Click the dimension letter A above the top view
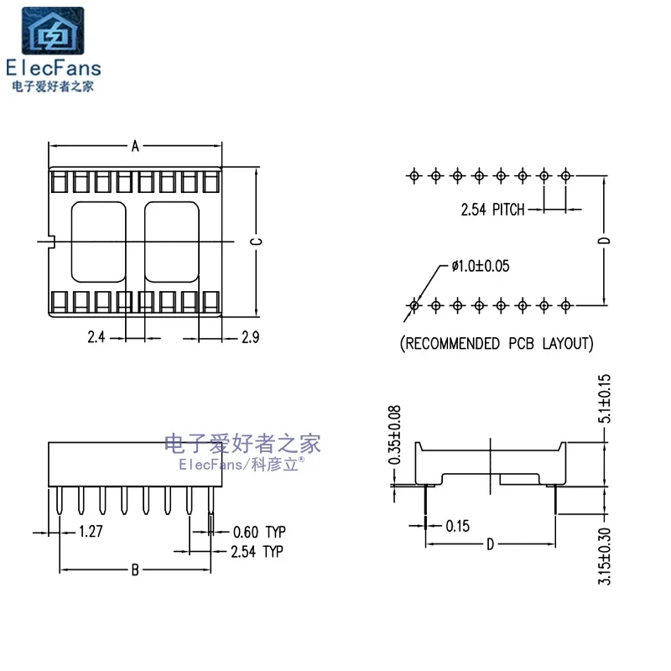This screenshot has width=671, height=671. pos(135,146)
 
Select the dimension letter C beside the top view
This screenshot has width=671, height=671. pos(257,242)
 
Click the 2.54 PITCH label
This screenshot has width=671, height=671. pos(492,210)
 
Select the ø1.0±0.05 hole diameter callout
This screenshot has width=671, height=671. pos(481,266)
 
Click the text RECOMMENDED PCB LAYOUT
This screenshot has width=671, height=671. pos(497,343)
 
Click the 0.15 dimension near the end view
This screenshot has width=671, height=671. pos(457,525)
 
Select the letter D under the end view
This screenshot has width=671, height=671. pos(491,545)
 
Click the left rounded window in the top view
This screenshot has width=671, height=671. pos(98,242)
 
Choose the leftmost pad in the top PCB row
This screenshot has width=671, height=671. pos(414,176)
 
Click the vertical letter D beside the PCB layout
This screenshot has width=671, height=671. pos(605,241)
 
